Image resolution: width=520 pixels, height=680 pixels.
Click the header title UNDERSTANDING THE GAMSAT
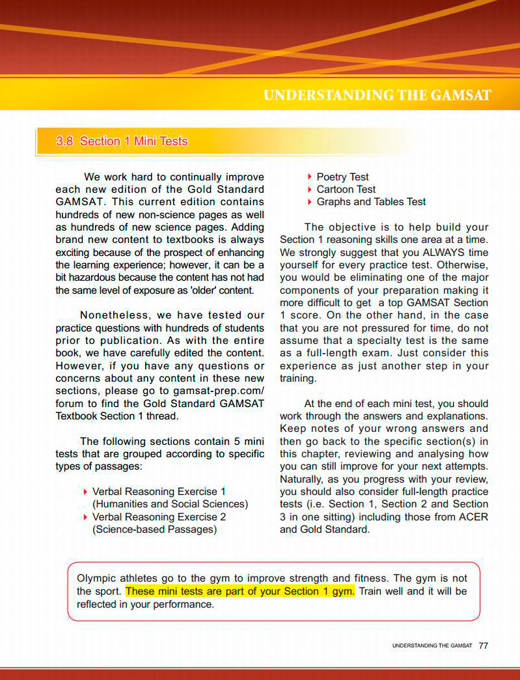click(377, 96)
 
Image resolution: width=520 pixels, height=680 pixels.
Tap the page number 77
click(483, 645)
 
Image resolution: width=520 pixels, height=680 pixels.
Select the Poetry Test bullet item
click(342, 177)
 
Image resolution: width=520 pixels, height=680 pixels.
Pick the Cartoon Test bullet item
click(346, 190)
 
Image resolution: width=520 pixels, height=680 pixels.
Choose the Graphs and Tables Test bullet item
click(371, 202)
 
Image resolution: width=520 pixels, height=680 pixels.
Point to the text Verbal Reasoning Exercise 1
click(159, 492)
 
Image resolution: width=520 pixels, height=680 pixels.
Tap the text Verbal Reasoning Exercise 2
click(159, 517)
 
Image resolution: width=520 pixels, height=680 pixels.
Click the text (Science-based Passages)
click(155, 530)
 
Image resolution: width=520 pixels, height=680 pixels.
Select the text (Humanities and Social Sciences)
click(171, 504)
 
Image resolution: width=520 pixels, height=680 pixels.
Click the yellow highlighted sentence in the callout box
click(240, 591)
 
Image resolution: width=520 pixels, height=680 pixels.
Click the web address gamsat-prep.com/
click(219, 391)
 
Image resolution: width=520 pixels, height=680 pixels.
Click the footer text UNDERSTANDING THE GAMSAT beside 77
click(432, 646)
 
